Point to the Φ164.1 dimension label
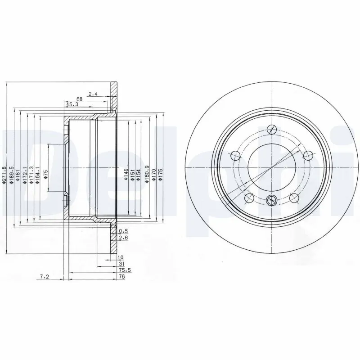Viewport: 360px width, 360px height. [x=38, y=175]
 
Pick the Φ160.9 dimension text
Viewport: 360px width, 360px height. [x=147, y=175]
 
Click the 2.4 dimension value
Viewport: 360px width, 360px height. [x=93, y=94]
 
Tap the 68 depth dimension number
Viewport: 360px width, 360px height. [x=79, y=99]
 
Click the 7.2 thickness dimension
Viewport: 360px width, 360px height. [x=44, y=277]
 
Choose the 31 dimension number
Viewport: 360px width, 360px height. [x=120, y=264]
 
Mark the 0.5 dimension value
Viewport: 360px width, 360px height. [x=121, y=231]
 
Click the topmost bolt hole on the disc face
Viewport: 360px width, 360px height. [x=271, y=128]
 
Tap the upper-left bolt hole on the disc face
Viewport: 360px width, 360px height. [x=234, y=156]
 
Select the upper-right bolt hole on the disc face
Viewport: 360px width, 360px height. [x=308, y=156]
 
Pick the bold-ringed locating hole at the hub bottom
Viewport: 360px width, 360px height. [x=271, y=201]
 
